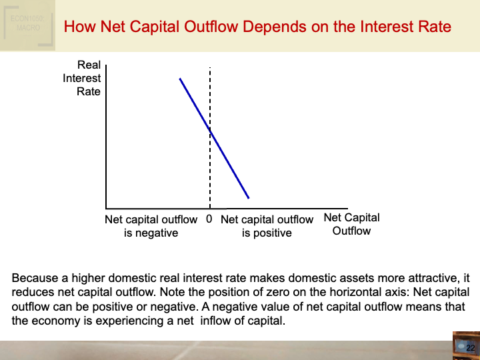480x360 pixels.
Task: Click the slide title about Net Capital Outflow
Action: tap(257, 27)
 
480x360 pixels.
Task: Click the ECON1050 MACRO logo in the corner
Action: tap(27, 25)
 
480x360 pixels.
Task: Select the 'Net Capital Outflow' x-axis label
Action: tap(351, 224)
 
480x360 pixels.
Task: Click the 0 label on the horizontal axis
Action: tap(209, 219)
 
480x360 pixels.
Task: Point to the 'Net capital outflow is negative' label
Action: tap(151, 226)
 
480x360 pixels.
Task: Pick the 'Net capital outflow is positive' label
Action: tap(267, 226)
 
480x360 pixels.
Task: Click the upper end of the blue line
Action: tap(180, 79)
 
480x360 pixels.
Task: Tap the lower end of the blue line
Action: tap(249, 198)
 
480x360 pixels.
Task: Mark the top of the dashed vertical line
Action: tap(211, 67)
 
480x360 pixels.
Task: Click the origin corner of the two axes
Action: tap(106, 207)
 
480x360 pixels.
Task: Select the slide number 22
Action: tap(470, 348)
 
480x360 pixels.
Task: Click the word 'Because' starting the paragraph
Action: tap(34, 278)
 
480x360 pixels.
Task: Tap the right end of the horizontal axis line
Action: tap(347, 207)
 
